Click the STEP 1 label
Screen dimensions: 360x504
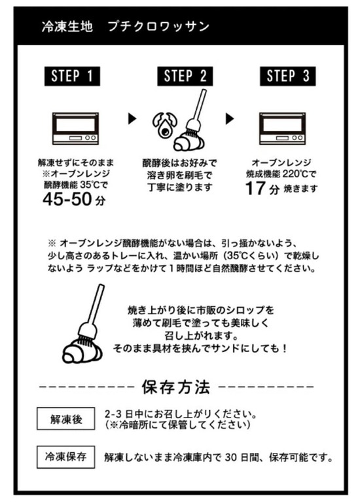[72, 76]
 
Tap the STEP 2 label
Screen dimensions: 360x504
[185, 76]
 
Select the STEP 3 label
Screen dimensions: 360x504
[288, 76]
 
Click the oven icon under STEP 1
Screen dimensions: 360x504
[75, 128]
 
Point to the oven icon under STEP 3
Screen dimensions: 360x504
[283, 128]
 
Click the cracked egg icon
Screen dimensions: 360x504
[165, 125]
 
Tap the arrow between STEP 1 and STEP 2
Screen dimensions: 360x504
[132, 118]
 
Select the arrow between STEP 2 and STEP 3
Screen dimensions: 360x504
[230, 118]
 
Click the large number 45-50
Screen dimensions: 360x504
[67, 199]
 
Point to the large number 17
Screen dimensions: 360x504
[255, 189]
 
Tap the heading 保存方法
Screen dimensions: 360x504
[176, 387]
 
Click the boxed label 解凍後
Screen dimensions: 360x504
[66, 419]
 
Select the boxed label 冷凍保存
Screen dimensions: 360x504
[66, 457]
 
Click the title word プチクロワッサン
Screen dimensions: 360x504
[158, 26]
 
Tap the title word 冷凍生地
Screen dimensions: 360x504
[67, 26]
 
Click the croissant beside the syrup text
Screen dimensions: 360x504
[82, 351]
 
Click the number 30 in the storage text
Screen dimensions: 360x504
[231, 457]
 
